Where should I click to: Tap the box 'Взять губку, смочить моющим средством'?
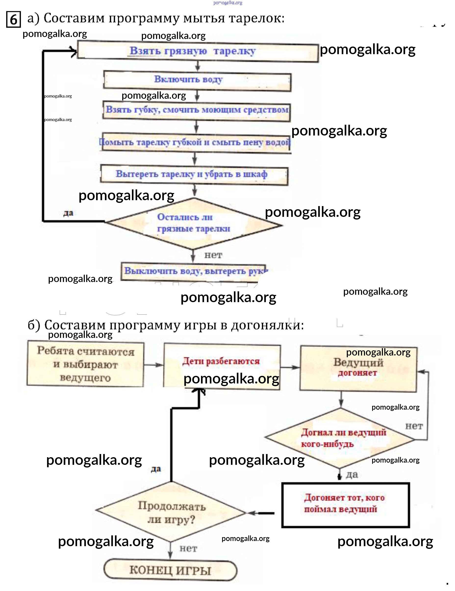pos(197,111)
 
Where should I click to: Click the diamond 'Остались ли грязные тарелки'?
pos(193,223)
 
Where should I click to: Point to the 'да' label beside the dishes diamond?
pos(68,213)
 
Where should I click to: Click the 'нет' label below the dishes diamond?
pos(213,255)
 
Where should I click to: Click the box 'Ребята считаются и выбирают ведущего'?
pos(85,364)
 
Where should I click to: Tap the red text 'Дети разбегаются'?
pos(221,361)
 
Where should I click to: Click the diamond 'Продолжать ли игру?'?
pos(171,512)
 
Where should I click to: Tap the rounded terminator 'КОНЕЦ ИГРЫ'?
pos(170,570)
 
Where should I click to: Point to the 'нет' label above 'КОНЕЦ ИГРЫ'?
pos(188,549)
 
